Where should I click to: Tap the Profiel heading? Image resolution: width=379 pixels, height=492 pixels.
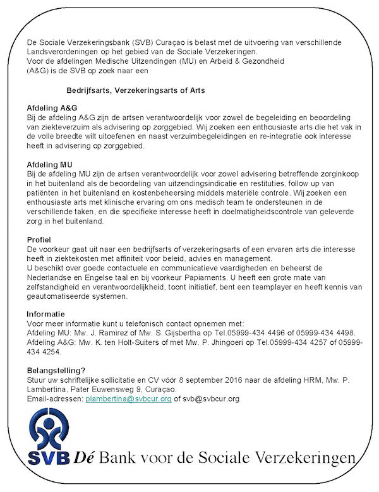pos(39,241)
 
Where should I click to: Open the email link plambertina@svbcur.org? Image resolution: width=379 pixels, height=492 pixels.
pos(129,399)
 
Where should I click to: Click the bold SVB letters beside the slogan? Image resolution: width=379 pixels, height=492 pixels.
pos(48,457)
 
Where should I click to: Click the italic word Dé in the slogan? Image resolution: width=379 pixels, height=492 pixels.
pos(83,457)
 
